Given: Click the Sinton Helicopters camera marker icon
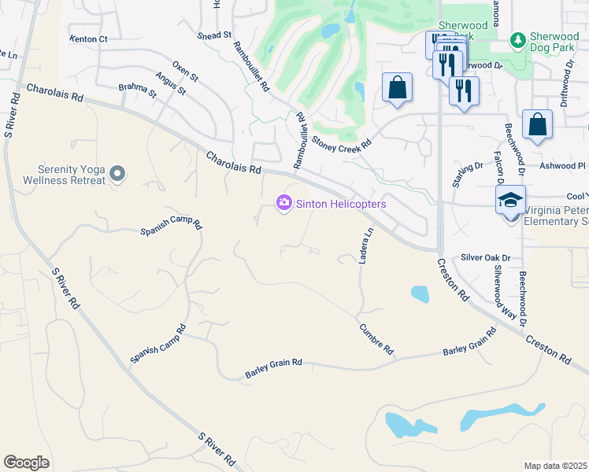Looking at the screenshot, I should (283, 204).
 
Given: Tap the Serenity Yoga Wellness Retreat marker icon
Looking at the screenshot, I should (117, 173).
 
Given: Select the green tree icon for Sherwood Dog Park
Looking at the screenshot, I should (517, 39).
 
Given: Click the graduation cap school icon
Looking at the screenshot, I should (510, 201).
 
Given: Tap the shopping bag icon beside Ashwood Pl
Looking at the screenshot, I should (537, 124).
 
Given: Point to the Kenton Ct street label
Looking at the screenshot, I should (88, 39).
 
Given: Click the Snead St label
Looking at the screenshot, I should (215, 35).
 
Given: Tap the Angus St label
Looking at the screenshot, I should (170, 84).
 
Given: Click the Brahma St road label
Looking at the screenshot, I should (137, 90).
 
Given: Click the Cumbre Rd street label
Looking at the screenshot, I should (376, 339).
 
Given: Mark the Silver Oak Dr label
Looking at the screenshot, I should (486, 257).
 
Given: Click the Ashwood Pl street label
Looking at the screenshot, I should (563, 166).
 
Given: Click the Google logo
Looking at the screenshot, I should (26, 462).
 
